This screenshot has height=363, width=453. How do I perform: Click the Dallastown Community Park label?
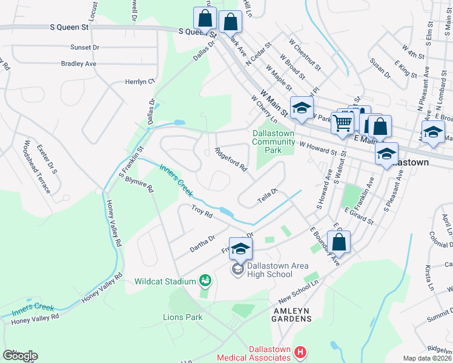point(274,142)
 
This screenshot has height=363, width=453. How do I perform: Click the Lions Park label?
point(182,316)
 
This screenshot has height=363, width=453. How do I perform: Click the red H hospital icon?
point(299,352)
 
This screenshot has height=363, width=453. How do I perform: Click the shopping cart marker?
point(343,123)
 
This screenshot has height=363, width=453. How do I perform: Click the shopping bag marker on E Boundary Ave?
point(340,241)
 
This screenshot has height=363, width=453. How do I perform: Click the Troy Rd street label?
point(202,211)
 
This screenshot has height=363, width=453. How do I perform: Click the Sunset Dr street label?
point(84,47)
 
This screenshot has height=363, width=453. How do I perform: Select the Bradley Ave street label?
point(79,64)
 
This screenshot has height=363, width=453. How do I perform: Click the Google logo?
point(20,356)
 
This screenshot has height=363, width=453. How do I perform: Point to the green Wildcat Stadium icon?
point(205,280)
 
